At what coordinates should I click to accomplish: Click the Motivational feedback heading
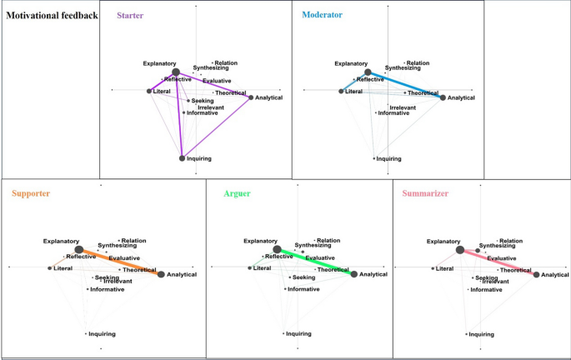pos(48,15)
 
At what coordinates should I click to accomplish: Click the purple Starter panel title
pos(130,16)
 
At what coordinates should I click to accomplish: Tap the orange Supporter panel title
pos(32,194)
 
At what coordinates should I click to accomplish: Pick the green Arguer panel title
pos(237,194)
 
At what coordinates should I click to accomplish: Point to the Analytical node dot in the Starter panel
pos(251,97)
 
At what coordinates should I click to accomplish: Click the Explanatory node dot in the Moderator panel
pos(368,72)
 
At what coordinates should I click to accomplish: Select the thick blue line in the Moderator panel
pos(405,85)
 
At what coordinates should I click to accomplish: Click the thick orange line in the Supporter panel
pos(119,262)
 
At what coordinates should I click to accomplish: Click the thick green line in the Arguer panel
pos(315,262)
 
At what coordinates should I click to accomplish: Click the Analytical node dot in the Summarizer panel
pos(537,274)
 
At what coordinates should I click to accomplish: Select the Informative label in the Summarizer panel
pos(486,290)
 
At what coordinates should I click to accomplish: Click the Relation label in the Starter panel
pos(225,63)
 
